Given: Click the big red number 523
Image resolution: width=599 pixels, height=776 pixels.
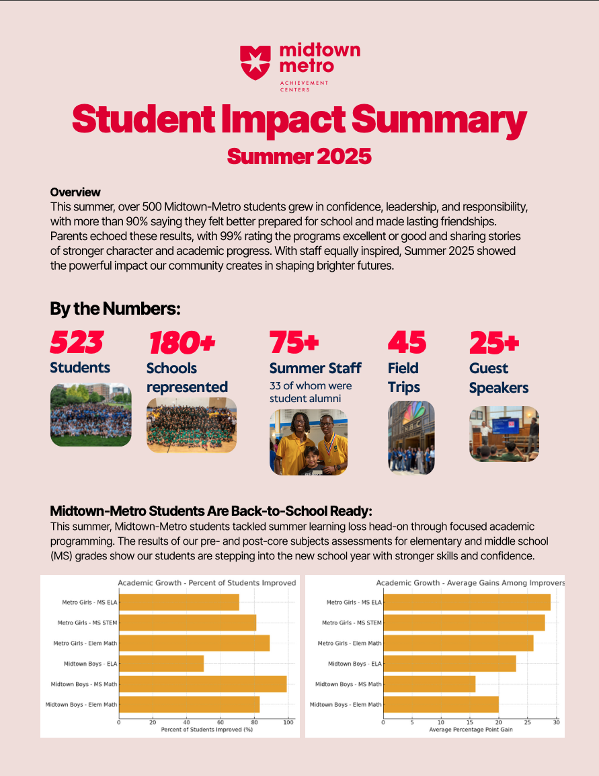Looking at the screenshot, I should click(x=77, y=343).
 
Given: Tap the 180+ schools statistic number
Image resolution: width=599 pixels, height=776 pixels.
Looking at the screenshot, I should click(x=181, y=343).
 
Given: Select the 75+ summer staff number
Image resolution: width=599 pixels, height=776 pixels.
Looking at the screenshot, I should click(x=294, y=343).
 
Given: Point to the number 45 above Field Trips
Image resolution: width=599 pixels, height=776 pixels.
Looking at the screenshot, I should click(x=407, y=343).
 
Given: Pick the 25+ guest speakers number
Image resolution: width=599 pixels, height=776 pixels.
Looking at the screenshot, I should click(x=494, y=343).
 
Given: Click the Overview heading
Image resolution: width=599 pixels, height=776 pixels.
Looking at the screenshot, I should click(x=75, y=192).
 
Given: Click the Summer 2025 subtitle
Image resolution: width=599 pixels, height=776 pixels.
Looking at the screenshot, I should click(x=299, y=156).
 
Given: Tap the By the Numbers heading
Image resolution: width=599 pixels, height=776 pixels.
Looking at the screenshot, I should click(x=115, y=309).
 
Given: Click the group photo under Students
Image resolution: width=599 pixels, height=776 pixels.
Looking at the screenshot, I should click(x=91, y=415).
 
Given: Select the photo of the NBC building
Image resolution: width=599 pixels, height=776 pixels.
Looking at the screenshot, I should click(x=411, y=438).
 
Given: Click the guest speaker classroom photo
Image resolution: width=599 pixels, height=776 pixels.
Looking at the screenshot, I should click(x=504, y=434).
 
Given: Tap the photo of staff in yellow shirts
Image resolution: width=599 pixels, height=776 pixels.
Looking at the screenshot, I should click(x=309, y=442).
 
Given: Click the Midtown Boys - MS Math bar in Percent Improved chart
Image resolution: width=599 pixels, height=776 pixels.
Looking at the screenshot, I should click(x=203, y=684).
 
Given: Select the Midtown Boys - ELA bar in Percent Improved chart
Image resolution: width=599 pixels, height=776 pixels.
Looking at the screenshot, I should click(x=161, y=664).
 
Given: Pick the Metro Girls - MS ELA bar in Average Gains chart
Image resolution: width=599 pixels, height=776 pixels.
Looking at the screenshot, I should click(x=467, y=603).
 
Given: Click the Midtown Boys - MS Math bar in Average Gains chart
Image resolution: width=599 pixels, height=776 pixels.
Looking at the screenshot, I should click(x=429, y=684).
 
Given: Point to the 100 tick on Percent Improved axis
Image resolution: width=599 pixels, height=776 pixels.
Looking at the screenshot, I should click(x=288, y=723).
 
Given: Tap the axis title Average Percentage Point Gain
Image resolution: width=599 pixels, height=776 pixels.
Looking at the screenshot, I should click(x=471, y=730).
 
